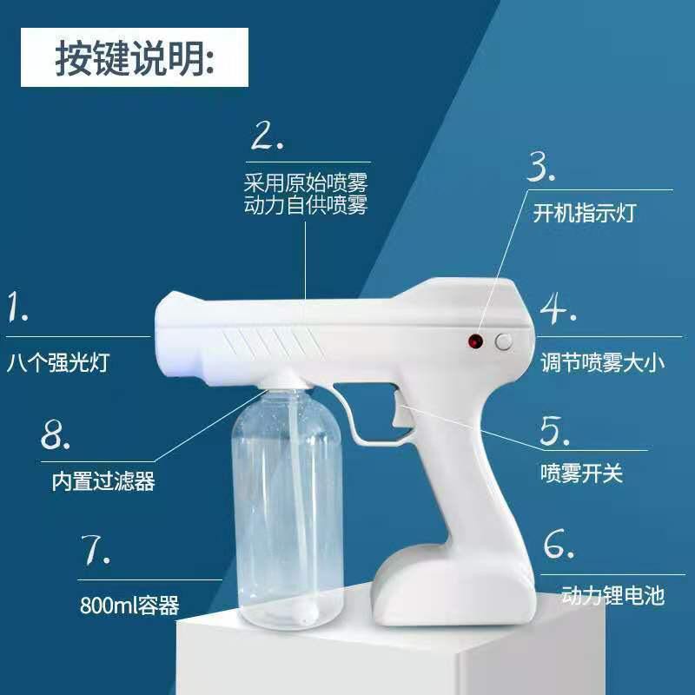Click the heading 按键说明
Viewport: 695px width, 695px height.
pyautogui.click(x=135, y=57)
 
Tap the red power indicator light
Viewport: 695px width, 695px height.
pyautogui.click(x=475, y=341)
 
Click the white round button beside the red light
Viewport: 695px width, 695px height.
pyautogui.click(x=504, y=341)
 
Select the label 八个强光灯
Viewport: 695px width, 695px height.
pyautogui.click(x=58, y=362)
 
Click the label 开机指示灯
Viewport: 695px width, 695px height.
pyautogui.click(x=584, y=213)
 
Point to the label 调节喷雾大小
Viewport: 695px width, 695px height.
pyautogui.click(x=603, y=362)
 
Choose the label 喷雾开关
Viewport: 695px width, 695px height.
pyautogui.click(x=581, y=473)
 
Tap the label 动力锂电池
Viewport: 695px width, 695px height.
pyautogui.click(x=613, y=595)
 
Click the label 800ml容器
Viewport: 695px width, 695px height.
pyautogui.click(x=129, y=605)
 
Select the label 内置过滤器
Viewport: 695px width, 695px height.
pyautogui.click(x=103, y=481)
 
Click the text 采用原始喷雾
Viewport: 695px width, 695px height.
pyautogui.click(x=306, y=182)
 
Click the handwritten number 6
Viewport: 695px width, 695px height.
pyautogui.click(x=559, y=544)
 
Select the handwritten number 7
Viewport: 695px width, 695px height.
pyautogui.click(x=96, y=550)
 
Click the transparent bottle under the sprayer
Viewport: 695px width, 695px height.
pyautogui.click(x=288, y=506)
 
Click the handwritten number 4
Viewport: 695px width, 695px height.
pyautogui.click(x=558, y=308)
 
